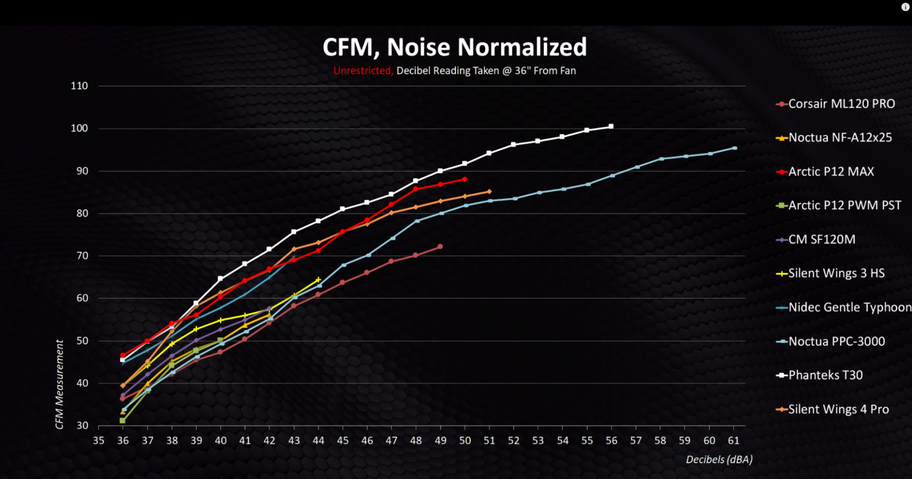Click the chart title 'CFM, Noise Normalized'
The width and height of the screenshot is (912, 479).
coord(455,47)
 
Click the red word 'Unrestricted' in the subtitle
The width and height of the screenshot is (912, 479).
coord(363,71)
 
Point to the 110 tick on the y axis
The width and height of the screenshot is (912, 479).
coord(79,86)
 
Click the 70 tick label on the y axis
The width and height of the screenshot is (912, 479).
coord(82,256)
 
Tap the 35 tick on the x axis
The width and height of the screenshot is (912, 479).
coord(98,441)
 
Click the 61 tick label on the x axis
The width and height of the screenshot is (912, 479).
coord(733,441)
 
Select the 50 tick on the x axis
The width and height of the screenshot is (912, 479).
coord(465,441)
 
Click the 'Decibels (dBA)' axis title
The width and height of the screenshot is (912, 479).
coord(719,460)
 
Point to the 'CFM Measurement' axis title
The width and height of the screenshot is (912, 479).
coord(59,384)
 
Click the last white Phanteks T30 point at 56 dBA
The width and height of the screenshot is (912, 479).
coord(611,126)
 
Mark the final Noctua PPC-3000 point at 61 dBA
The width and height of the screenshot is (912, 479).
coord(734,148)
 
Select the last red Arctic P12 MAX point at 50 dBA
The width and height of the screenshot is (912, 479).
coord(465,179)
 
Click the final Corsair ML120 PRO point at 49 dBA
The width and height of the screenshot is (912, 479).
coord(440,246)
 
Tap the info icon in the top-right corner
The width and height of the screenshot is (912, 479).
coord(905,7)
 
